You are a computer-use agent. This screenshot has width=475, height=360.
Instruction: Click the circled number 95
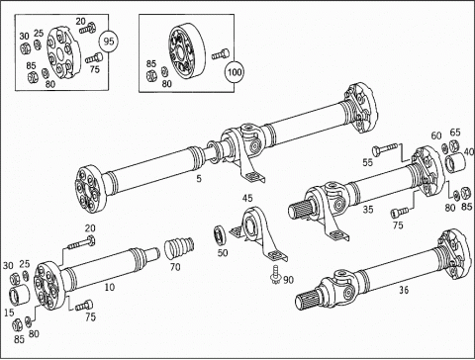click(x=109, y=42)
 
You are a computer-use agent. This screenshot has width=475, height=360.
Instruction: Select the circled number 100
click(x=235, y=72)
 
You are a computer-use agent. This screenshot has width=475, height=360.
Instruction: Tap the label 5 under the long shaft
click(x=199, y=179)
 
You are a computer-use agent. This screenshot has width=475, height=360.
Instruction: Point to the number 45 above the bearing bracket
click(x=247, y=198)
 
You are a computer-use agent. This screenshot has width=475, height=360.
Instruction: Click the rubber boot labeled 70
click(x=180, y=249)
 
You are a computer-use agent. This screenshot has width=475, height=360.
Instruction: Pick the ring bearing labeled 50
click(x=220, y=235)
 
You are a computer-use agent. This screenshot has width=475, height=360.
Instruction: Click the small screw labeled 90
click(x=274, y=275)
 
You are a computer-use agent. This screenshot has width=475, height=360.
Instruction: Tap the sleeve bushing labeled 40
click(x=455, y=161)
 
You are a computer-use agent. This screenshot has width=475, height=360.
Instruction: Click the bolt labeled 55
click(x=385, y=149)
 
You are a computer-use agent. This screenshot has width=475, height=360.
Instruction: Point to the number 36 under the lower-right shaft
click(x=404, y=290)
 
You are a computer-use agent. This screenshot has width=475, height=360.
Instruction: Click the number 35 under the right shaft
click(x=368, y=209)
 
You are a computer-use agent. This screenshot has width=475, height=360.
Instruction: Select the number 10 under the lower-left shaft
click(x=110, y=287)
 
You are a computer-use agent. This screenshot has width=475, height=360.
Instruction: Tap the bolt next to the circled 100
click(x=220, y=54)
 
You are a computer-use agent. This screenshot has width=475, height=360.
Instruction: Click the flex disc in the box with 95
click(x=63, y=53)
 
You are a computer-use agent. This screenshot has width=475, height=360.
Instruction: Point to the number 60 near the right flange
click(x=436, y=135)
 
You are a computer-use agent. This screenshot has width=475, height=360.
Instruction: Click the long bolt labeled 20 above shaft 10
click(x=82, y=242)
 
